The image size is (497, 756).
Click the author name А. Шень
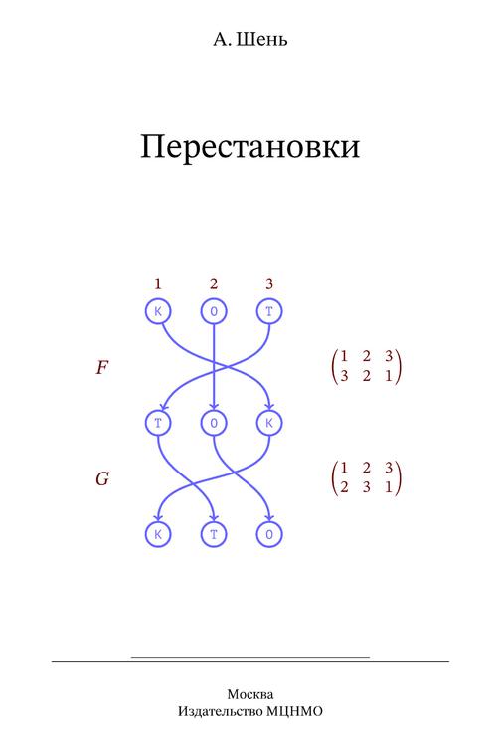coord(250,39)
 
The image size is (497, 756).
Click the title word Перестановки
coord(249,146)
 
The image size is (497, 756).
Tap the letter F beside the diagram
coord(102,368)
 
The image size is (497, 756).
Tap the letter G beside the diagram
coord(102,478)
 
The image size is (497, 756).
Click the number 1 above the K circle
coord(158,283)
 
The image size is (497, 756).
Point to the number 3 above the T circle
coord(269,283)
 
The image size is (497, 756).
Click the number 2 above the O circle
coord(214,283)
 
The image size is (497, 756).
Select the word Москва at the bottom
coord(250,694)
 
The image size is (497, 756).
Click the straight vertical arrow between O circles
coord(214,367)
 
